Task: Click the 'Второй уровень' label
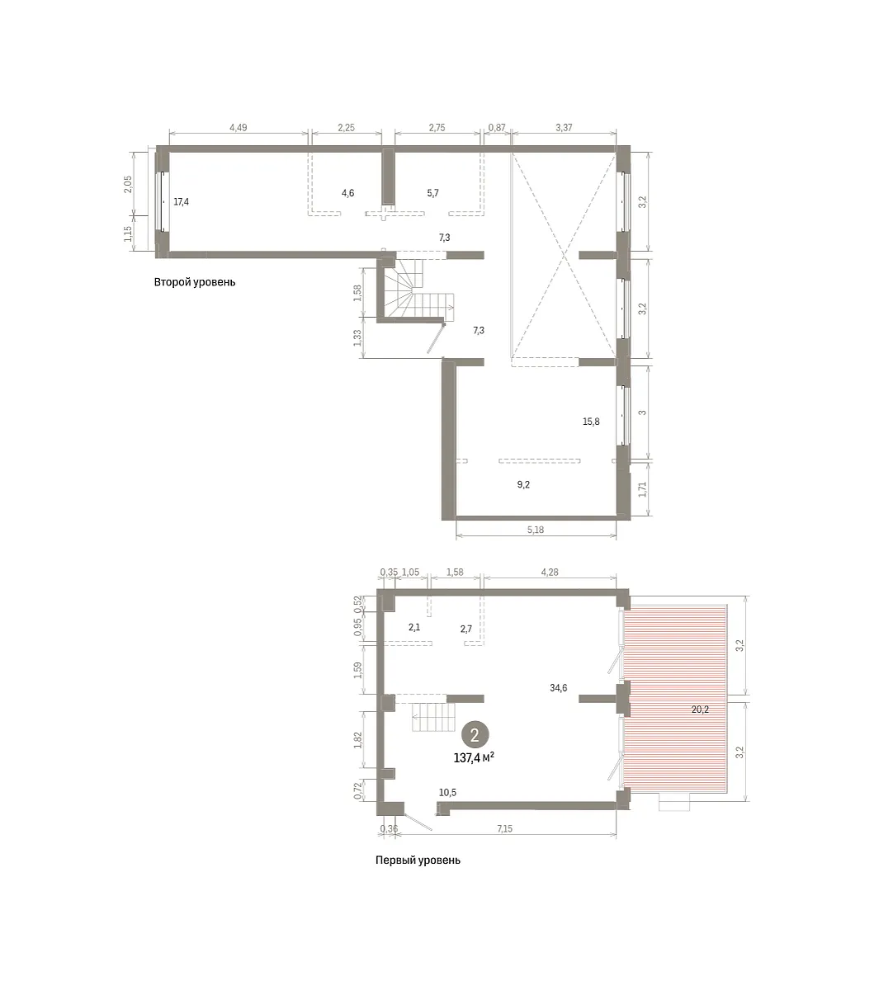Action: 195,282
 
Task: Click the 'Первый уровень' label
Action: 418,860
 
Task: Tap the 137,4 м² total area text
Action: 474,758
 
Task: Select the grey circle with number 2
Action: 475,735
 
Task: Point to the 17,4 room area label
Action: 182,202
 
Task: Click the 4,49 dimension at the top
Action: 238,128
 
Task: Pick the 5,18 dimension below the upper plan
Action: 536,530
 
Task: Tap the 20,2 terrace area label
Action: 700,709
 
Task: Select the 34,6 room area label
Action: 558,688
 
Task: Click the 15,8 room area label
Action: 591,422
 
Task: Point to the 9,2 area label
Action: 523,485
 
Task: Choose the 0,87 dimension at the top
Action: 497,128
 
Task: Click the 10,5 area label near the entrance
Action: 448,793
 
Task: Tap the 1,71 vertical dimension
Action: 642,489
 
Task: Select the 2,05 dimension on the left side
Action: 128,184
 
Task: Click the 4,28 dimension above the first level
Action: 550,573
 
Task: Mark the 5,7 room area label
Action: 432,193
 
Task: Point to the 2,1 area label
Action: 414,628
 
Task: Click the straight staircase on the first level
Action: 433,717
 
